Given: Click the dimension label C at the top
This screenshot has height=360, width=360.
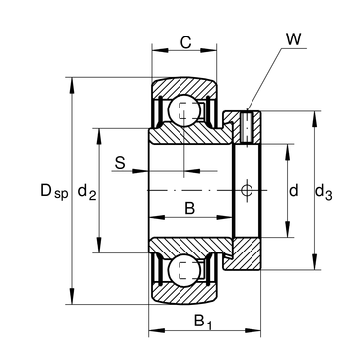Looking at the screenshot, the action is (186, 42).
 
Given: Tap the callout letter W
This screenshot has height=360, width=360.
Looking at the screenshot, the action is (293, 39).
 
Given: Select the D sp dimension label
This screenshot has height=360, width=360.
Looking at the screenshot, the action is (54, 191).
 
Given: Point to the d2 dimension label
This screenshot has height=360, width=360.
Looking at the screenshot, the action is (87, 192).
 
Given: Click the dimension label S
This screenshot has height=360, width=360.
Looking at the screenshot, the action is (120, 163).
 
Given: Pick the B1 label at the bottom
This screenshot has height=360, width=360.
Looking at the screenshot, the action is (202, 322).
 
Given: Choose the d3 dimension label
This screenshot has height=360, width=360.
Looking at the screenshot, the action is (324, 192).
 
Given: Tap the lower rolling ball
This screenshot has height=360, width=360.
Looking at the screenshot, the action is (183, 270).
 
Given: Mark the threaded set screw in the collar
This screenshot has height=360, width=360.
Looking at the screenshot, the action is (247, 127).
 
